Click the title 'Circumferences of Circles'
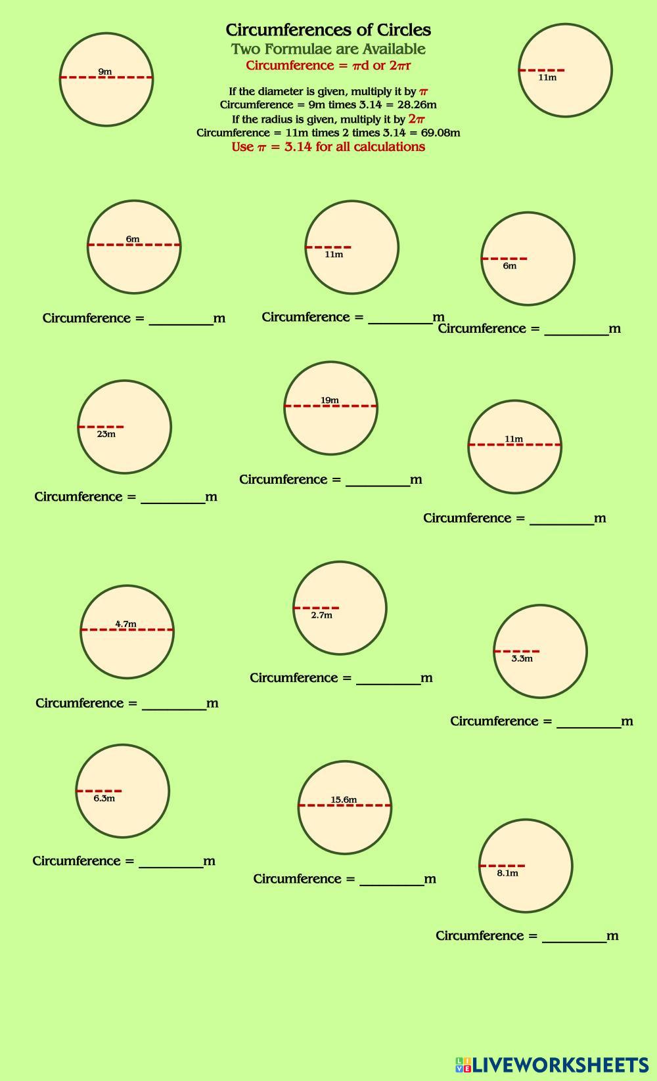(328, 30)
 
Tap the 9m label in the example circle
(105, 72)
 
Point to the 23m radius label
(106, 434)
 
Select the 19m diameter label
(330, 400)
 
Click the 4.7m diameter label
(125, 624)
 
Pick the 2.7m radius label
(321, 615)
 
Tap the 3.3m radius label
(522, 658)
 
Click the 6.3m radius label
(104, 798)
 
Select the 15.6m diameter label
(344, 799)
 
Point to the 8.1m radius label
(507, 873)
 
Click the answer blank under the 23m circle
(173, 498)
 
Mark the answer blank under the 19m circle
(378, 480)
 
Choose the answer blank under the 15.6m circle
(392, 880)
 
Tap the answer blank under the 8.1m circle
(574, 937)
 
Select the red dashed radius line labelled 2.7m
(316, 608)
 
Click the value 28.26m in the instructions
(417, 104)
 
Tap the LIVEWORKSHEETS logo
(552, 1064)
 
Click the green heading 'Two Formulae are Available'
(328, 49)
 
